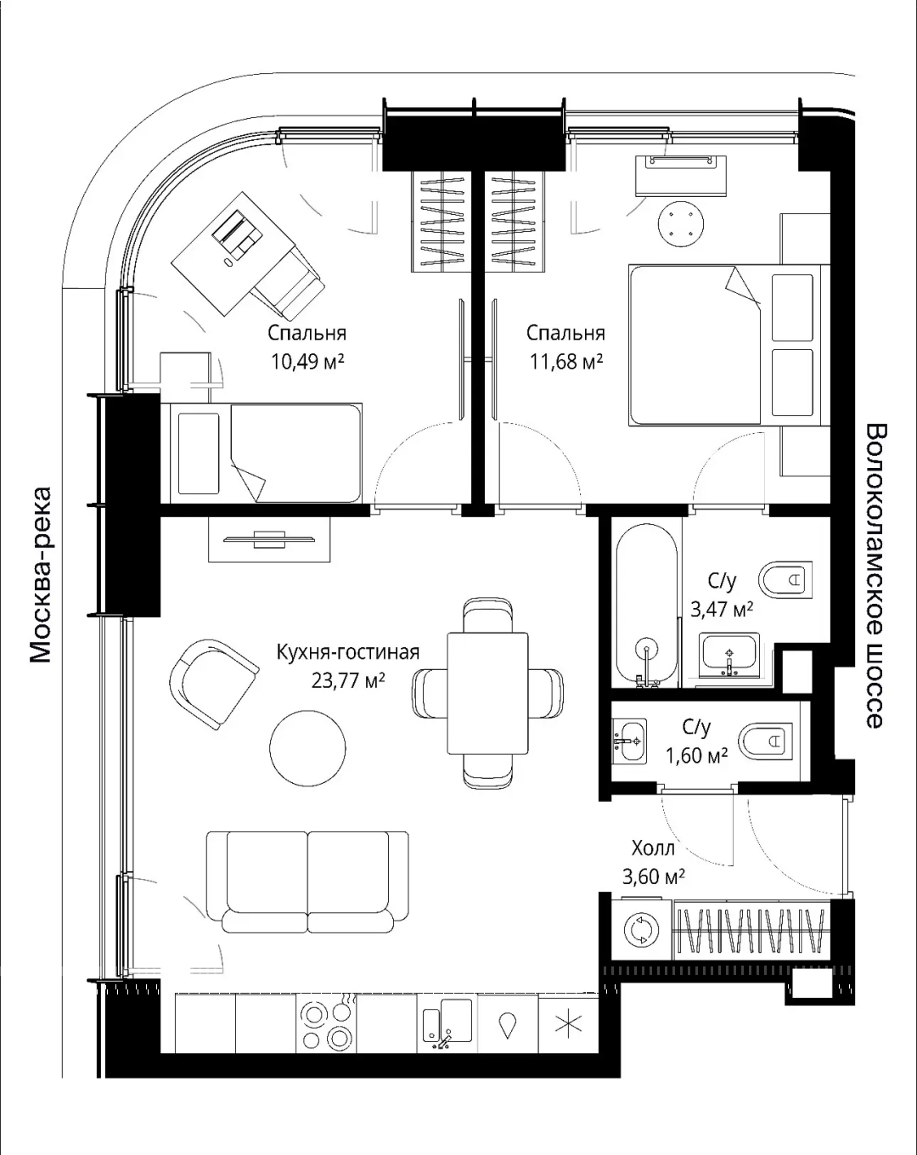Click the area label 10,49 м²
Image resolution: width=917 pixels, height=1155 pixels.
(x=307, y=362)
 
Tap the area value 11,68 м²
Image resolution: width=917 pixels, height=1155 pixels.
(x=566, y=362)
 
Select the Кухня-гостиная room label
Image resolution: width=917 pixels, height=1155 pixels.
(x=348, y=652)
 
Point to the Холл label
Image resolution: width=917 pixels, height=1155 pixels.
(x=653, y=848)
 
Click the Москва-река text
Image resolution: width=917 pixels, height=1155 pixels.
(x=40, y=574)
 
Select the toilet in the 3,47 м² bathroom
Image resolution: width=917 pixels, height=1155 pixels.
(x=785, y=580)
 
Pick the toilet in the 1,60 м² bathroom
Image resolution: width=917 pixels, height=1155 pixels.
(x=765, y=741)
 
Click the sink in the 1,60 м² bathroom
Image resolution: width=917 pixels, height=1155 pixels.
(x=629, y=741)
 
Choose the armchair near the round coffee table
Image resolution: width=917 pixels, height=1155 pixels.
(x=214, y=683)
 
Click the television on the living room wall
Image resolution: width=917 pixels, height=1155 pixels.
(x=269, y=538)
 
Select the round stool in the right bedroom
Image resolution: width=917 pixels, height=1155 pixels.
(x=681, y=224)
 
